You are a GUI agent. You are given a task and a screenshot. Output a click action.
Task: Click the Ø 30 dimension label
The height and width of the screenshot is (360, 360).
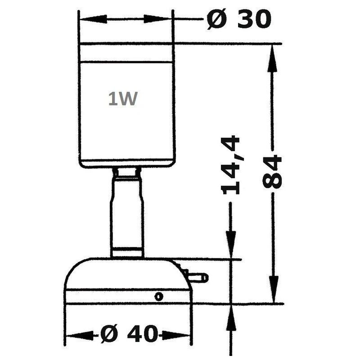tap(239, 20)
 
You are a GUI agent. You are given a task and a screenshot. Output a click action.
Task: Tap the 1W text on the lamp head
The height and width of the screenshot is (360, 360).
tap(122, 99)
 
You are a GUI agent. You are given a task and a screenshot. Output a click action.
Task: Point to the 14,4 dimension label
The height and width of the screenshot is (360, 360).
tap(231, 165)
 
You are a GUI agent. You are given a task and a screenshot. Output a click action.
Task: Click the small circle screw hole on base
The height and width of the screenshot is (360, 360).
tap(158, 296)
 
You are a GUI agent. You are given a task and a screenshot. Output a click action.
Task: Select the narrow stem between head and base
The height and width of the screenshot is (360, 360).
tap(127, 211)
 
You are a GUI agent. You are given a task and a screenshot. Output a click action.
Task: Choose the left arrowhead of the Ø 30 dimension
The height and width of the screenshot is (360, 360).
tap(90, 19)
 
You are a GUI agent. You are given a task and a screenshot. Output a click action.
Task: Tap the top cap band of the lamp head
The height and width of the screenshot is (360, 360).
tap(126, 53)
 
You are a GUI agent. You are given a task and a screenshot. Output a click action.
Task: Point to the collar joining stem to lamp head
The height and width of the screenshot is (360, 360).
tap(127, 172)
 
